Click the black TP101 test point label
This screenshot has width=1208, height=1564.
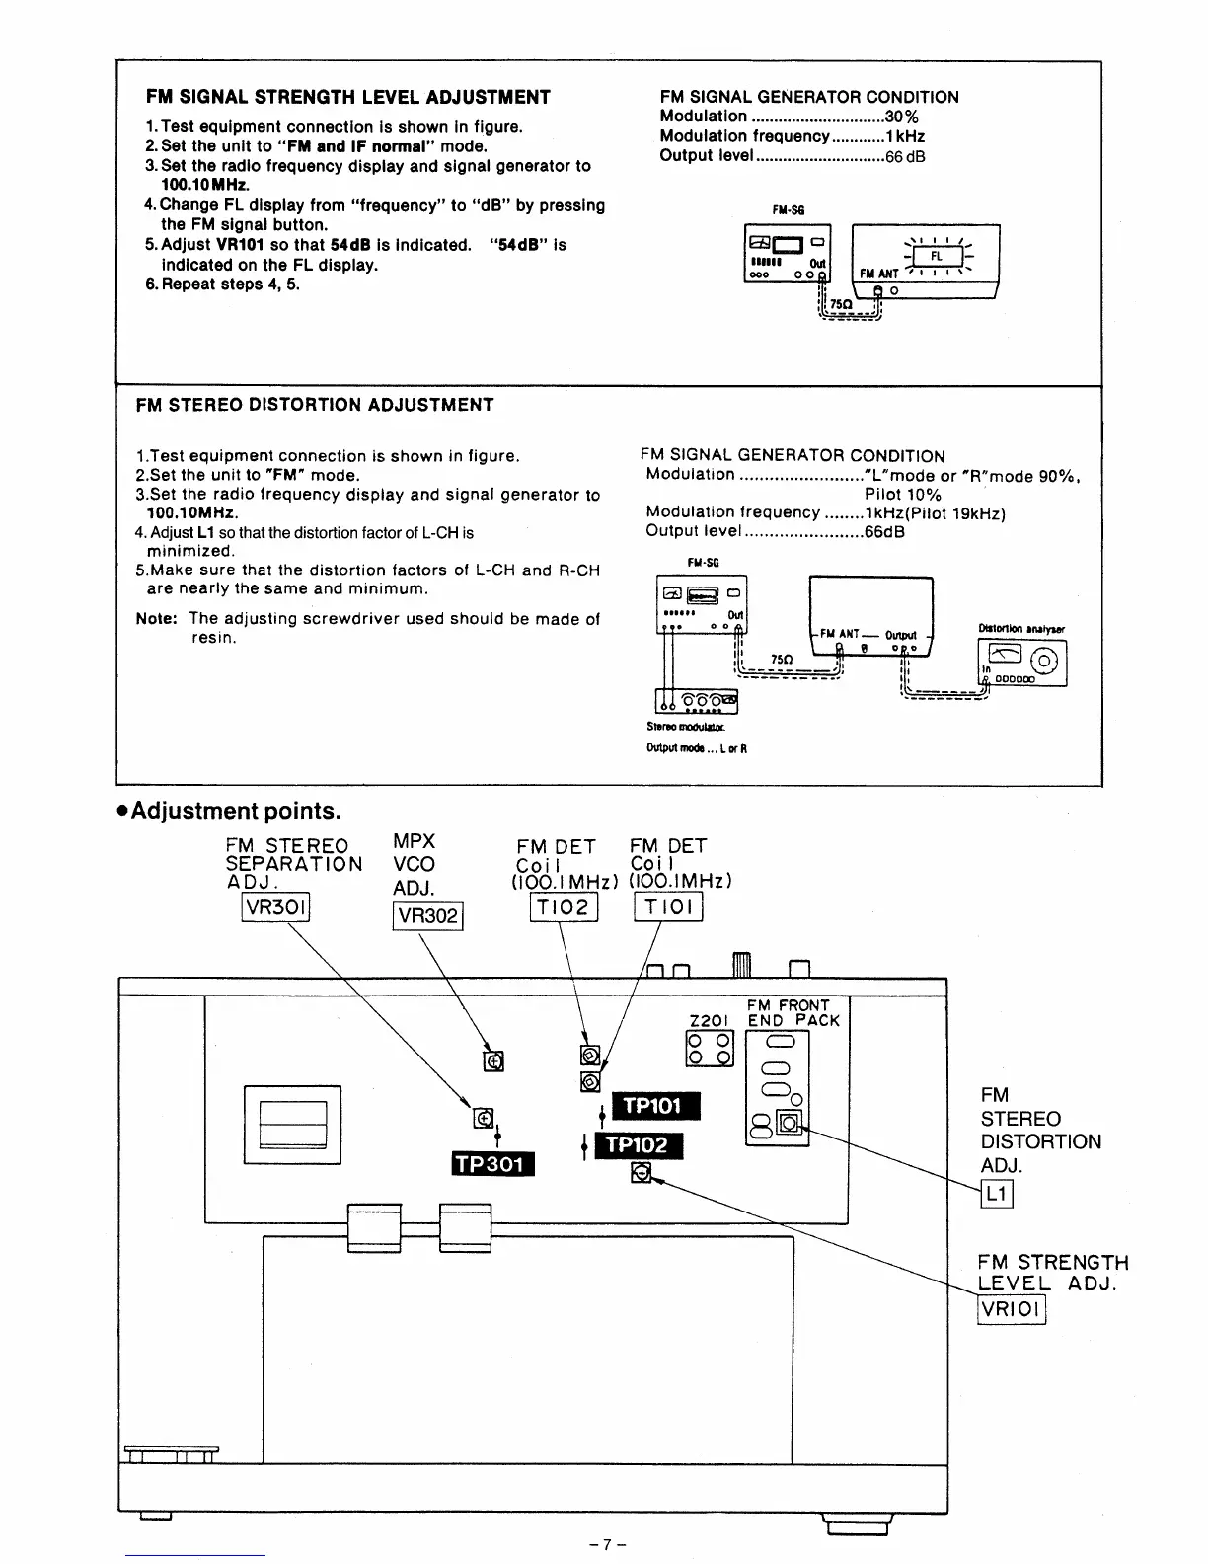(656, 1106)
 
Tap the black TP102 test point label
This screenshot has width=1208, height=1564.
(638, 1145)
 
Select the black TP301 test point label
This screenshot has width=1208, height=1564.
(492, 1164)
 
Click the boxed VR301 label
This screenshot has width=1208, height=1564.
(276, 906)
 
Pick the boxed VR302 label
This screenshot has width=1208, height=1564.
(427, 916)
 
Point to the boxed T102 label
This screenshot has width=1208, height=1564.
(564, 906)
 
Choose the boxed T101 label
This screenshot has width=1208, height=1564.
(668, 906)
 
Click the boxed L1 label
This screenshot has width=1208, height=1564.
(997, 1194)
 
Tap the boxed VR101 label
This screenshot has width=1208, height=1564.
(1011, 1310)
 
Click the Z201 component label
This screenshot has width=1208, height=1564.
(709, 1021)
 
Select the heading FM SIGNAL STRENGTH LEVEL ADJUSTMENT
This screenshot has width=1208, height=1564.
(348, 97)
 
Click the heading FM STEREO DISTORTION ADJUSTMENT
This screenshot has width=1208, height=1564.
(315, 405)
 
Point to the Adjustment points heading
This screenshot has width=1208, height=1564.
(229, 811)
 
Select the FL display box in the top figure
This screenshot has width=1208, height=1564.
(925, 253)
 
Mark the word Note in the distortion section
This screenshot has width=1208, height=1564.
(156, 619)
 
